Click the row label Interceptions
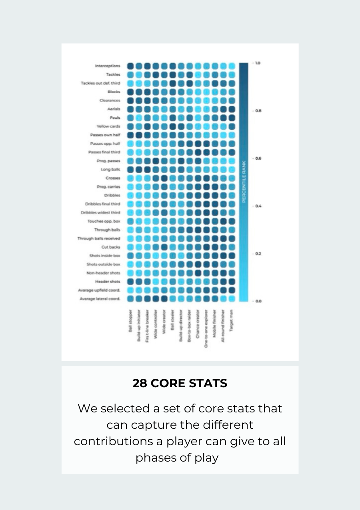[x=107, y=66]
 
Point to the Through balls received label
[x=98, y=238]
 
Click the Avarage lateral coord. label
[x=100, y=299]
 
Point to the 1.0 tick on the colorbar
[x=257, y=63]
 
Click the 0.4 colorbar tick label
[x=258, y=206]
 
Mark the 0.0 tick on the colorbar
[x=258, y=301]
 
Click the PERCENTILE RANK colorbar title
[x=244, y=182]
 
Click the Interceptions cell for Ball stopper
[x=130, y=66]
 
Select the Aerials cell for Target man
[x=232, y=109]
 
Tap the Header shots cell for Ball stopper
[x=130, y=282]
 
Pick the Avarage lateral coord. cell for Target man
[x=232, y=299]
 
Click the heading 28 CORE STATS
[x=180, y=383]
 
